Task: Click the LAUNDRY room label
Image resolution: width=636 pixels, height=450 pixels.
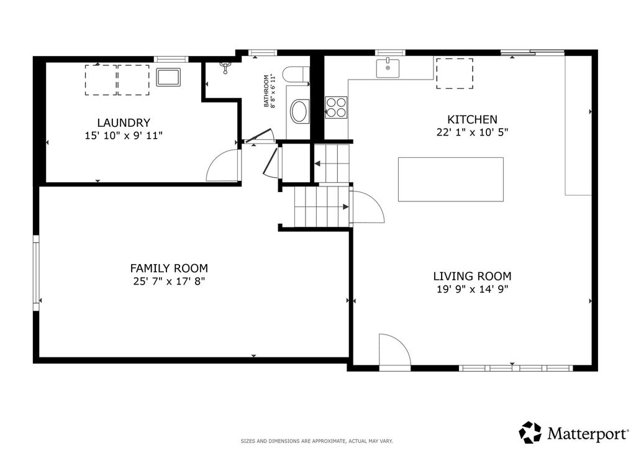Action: pos(124,122)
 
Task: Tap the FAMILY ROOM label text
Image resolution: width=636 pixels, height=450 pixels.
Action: pos(169,269)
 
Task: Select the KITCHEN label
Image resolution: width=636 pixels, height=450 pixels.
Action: pos(472,119)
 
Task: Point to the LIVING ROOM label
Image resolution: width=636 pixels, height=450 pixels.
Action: pos(472,277)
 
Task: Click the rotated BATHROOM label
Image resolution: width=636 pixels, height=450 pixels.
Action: pos(266,91)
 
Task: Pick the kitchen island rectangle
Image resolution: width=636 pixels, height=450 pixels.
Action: pos(451,180)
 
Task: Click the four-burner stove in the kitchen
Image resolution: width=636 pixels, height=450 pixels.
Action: pos(336,108)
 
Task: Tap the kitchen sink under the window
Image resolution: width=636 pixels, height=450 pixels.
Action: pos(388,68)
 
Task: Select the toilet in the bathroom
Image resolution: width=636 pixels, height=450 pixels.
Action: pos(296,75)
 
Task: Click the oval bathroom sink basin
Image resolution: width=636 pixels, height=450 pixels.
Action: pos(300,112)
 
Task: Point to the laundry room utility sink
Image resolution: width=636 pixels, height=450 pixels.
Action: pos(168,77)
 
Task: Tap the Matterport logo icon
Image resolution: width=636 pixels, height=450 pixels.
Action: pos(530,432)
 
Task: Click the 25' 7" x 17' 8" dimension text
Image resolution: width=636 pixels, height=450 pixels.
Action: pos(169,281)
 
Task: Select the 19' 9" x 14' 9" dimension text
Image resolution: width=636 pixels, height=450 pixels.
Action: pos(472,289)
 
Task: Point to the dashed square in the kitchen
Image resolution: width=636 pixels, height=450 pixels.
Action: pos(454,73)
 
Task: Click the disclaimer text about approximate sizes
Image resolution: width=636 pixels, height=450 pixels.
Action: pos(317,441)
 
